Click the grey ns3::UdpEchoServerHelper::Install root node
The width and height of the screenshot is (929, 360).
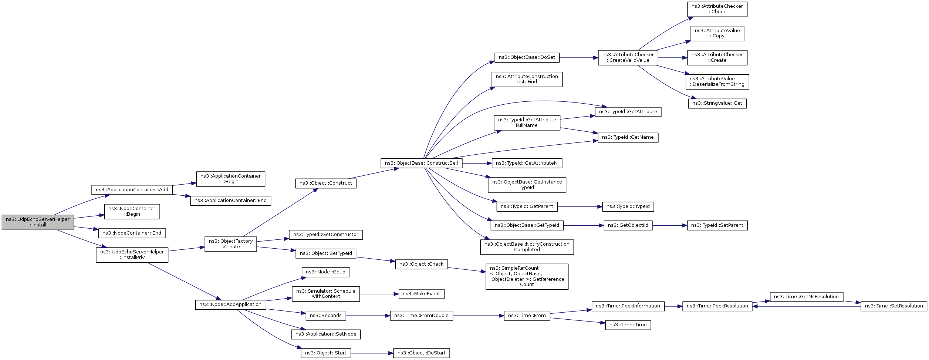(38, 222)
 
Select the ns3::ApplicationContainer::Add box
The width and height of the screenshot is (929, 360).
(132, 190)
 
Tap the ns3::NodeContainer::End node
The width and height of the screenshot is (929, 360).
(132, 233)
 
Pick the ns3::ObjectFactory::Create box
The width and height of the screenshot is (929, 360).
(230, 244)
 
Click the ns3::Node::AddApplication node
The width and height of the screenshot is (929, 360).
(230, 305)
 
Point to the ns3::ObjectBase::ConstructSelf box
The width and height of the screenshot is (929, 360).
(421, 163)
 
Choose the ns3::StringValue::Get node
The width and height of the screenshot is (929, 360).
(717, 103)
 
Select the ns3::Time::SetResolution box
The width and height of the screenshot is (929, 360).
(893, 306)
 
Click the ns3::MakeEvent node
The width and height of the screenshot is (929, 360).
(421, 294)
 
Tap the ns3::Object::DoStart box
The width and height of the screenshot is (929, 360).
(421, 353)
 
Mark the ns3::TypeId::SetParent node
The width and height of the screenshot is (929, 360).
(717, 225)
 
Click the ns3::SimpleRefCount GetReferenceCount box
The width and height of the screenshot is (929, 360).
(527, 276)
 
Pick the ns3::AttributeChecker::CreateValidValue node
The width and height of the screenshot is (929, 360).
(628, 58)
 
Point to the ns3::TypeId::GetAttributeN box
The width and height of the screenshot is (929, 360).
(527, 163)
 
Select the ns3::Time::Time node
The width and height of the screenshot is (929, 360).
(628, 325)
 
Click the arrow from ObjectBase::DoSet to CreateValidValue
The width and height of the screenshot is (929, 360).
(579, 58)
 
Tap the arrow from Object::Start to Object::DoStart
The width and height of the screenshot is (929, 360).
(372, 353)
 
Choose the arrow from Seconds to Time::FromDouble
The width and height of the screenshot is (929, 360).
(368, 316)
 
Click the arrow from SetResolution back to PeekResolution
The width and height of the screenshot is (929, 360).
(806, 306)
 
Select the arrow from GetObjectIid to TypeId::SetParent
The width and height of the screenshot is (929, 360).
(669, 225)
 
